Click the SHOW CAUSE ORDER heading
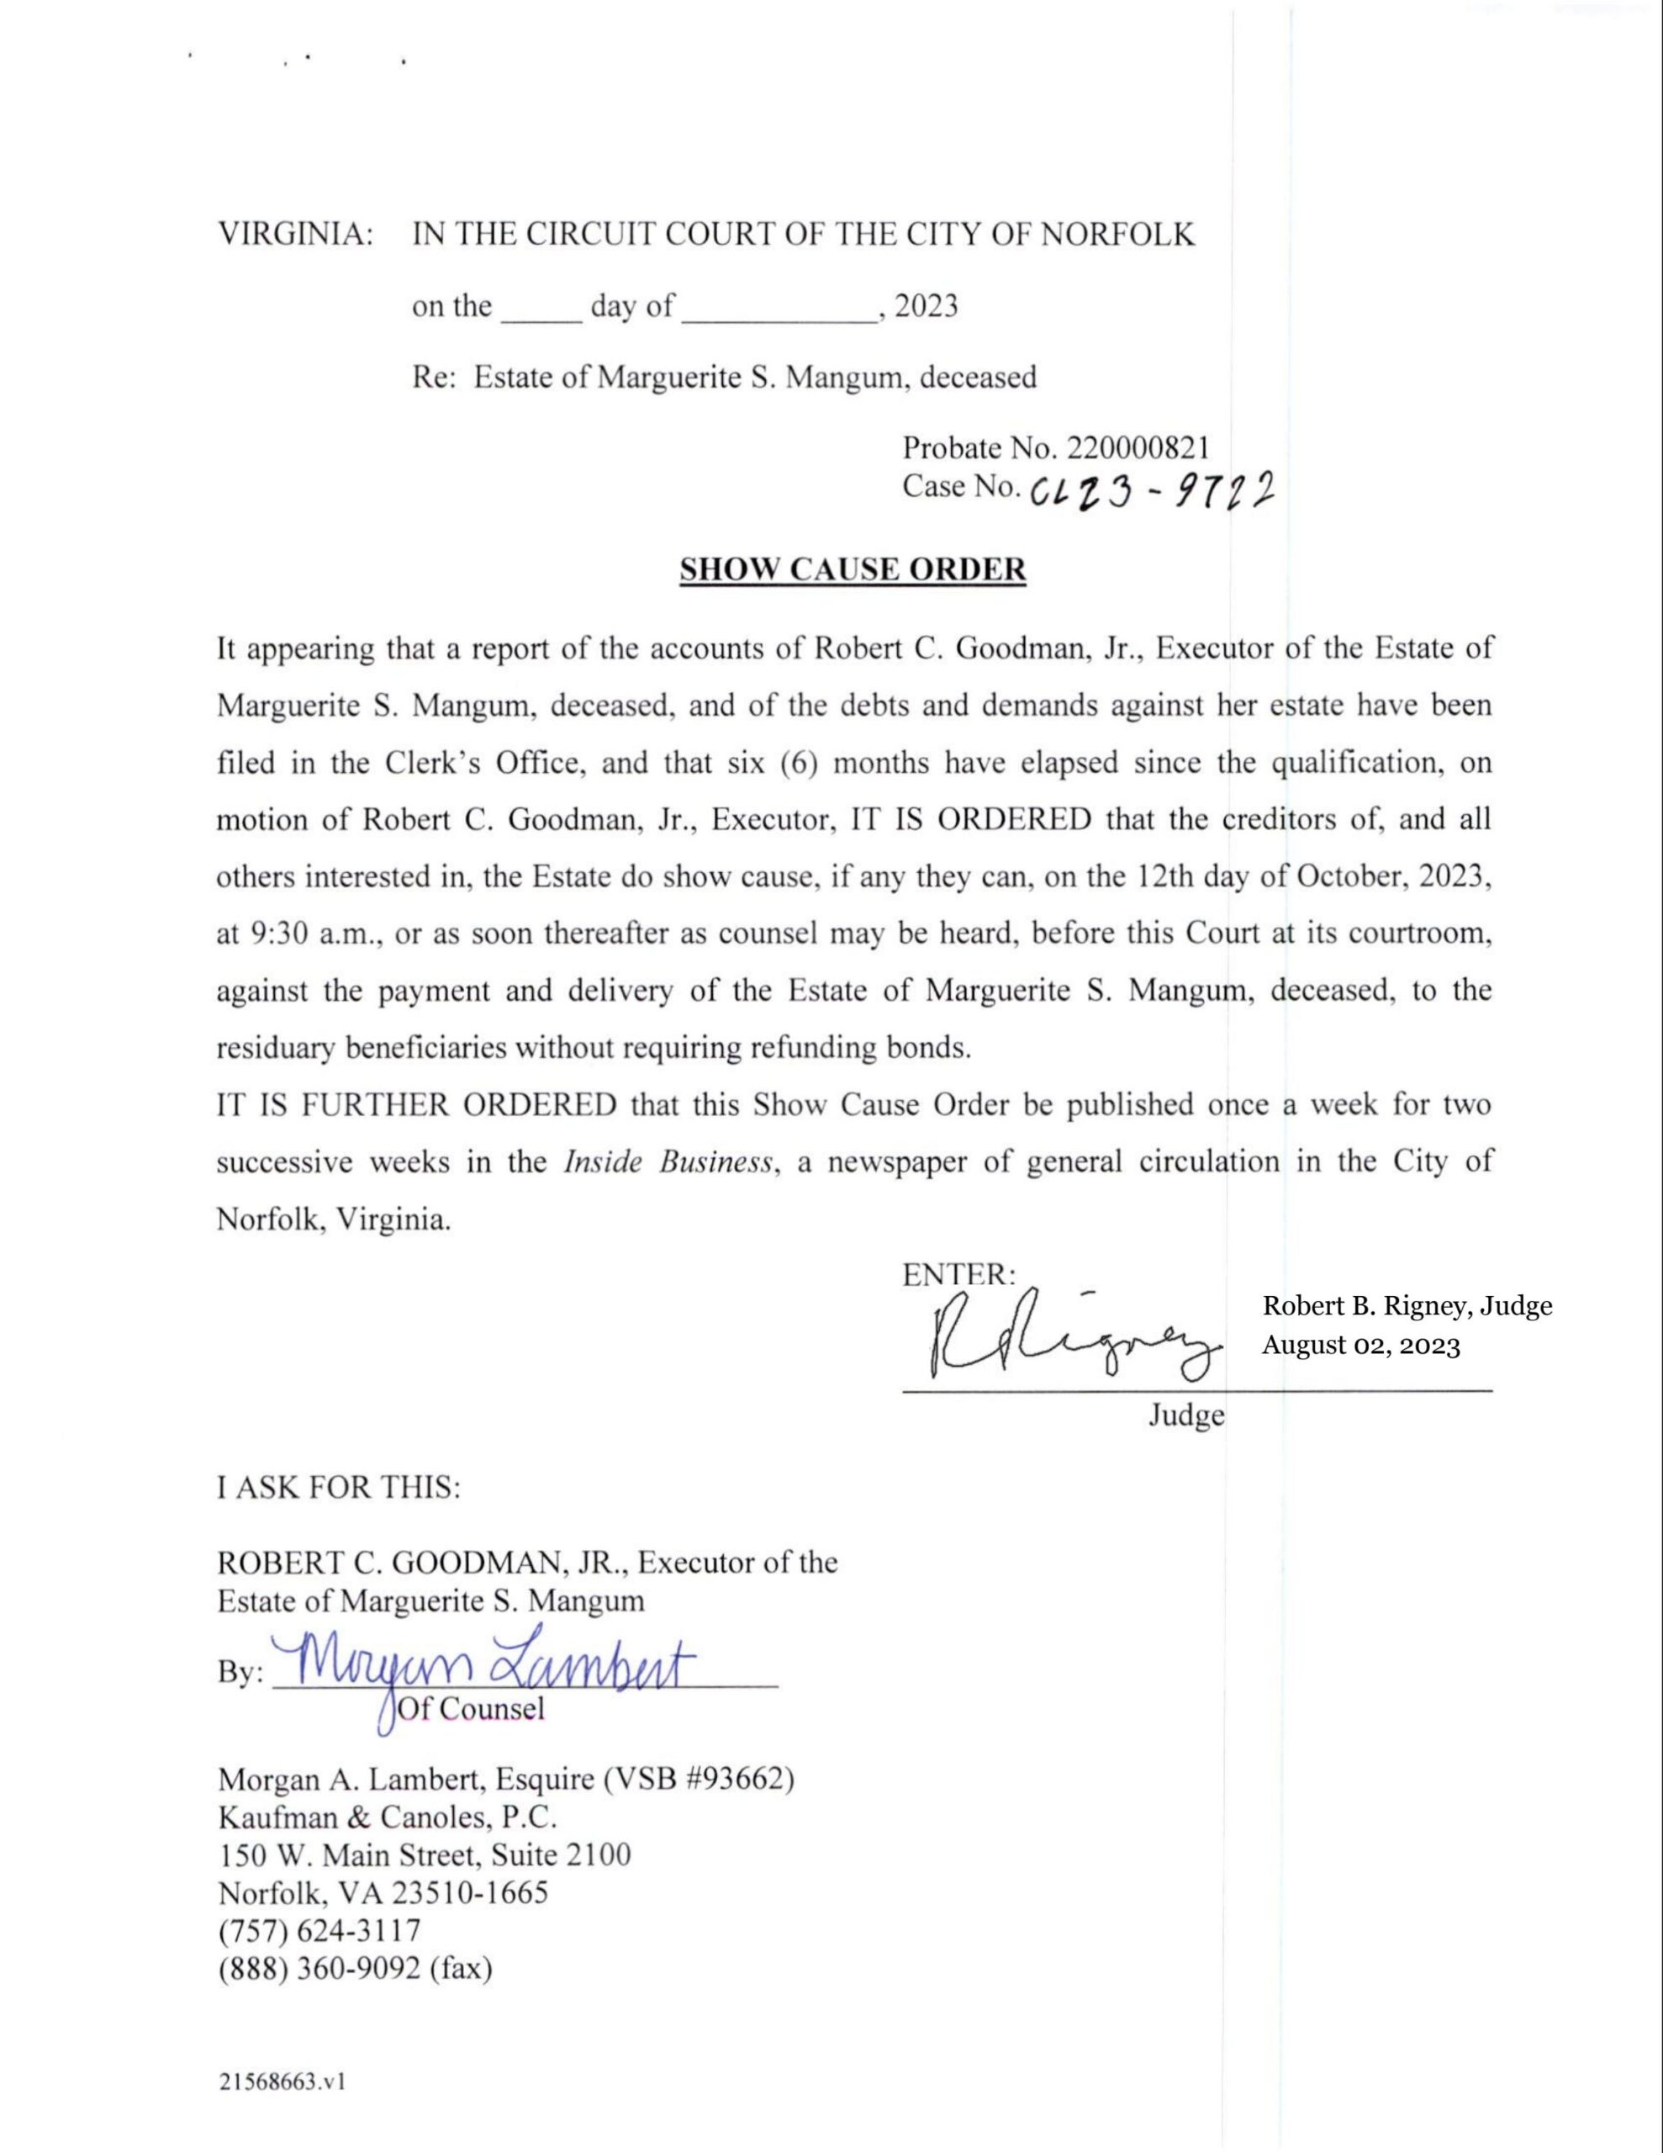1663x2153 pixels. pos(853,570)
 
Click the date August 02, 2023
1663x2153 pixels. pos(1360,1346)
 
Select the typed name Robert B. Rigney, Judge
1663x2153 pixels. pos(1407,1306)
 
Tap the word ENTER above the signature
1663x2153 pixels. pos(956,1275)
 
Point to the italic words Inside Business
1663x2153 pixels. pos(668,1162)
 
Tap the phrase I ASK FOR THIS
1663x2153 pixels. pos(338,1487)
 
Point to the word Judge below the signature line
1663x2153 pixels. pos(1186,1415)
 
